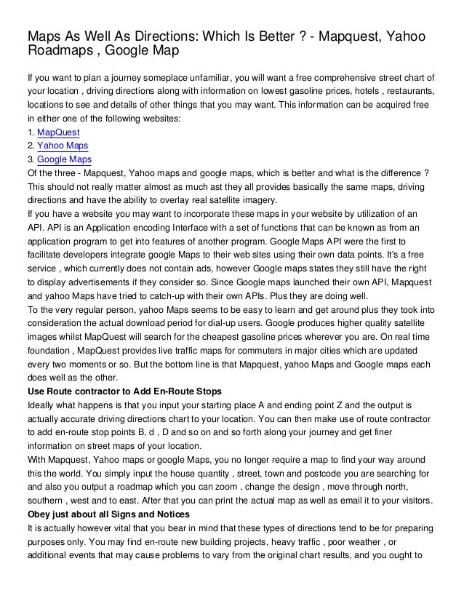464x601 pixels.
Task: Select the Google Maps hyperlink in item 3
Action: (64, 159)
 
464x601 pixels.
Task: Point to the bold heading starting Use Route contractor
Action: (124, 391)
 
